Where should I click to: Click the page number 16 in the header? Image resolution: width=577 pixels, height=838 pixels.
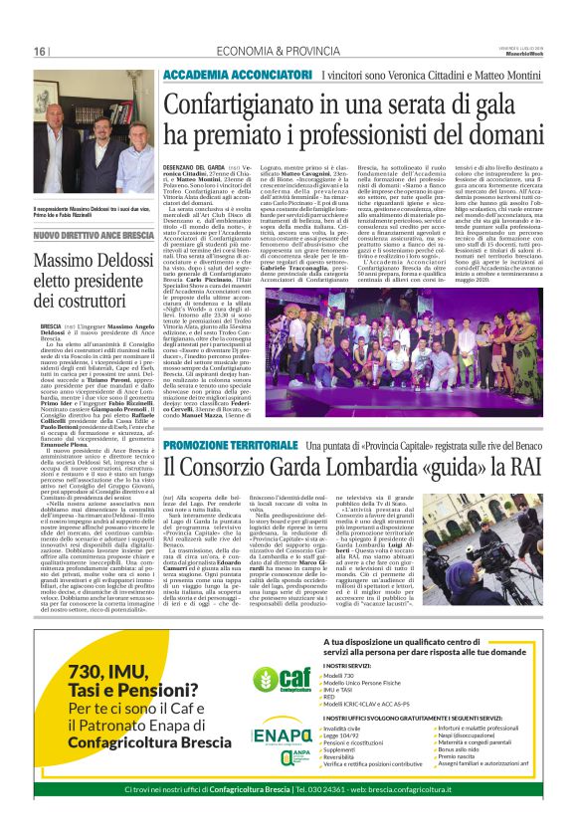(41, 52)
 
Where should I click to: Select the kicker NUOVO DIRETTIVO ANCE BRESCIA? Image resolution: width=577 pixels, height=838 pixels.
(93, 236)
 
